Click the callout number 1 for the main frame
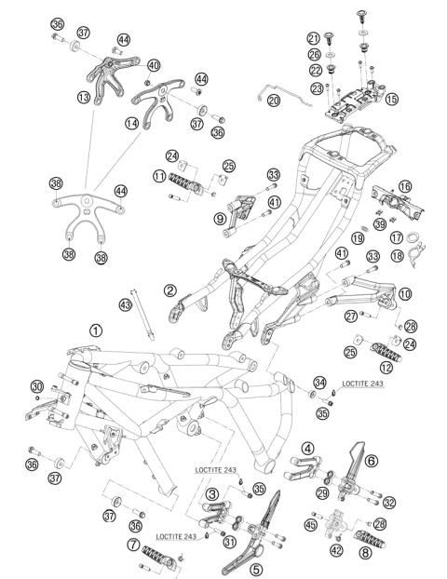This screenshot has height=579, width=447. pyautogui.click(x=96, y=330)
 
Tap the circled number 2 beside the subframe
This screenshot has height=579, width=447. pyautogui.click(x=169, y=290)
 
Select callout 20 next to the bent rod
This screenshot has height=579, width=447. pyautogui.click(x=274, y=101)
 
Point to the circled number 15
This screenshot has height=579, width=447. pyautogui.click(x=391, y=99)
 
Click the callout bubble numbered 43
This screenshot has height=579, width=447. pyautogui.click(x=126, y=305)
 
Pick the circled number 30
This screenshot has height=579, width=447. pyautogui.click(x=37, y=386)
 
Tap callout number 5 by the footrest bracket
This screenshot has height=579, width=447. pyautogui.click(x=256, y=569)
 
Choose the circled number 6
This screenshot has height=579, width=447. pyautogui.click(x=372, y=461)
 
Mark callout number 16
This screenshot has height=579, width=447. pyautogui.click(x=405, y=186)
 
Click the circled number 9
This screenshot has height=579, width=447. pyautogui.click(x=220, y=219)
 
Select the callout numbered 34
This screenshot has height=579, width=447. pyautogui.click(x=320, y=383)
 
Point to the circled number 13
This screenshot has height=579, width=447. pyautogui.click(x=84, y=98)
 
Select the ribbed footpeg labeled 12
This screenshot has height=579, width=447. pyautogui.click(x=386, y=352)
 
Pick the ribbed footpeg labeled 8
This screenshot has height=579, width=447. pyautogui.click(x=370, y=538)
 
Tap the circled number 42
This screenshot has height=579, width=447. pyautogui.click(x=336, y=550)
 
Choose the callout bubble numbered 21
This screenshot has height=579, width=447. pyautogui.click(x=313, y=38)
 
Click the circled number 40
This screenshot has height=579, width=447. pyautogui.click(x=154, y=66)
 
